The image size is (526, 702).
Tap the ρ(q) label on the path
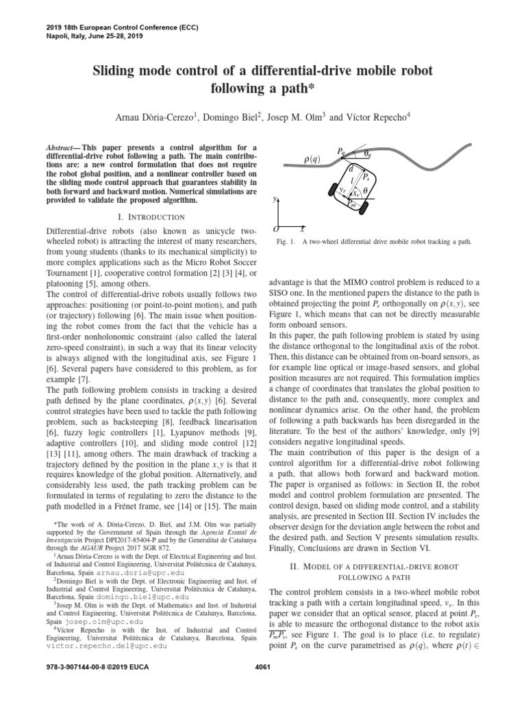pos(312,160)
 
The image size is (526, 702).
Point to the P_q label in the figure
pos(342,150)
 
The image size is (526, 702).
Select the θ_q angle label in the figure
pos(368,154)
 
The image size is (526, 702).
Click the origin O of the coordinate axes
pos(275,228)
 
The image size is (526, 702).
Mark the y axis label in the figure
pos(275,200)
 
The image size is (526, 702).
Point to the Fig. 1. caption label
pos(285,242)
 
